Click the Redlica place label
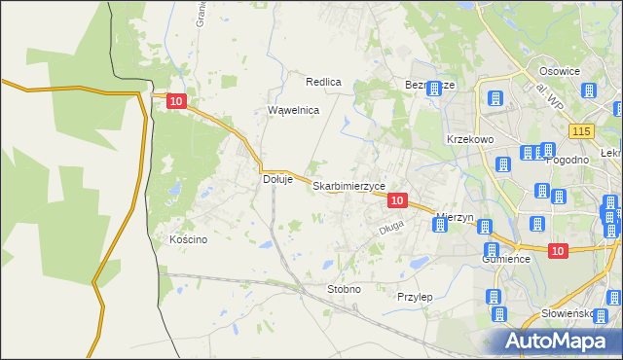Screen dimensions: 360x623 point(323,83)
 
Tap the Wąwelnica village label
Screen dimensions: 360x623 point(294,111)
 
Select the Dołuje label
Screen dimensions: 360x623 point(278,179)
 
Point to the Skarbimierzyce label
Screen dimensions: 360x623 point(348,186)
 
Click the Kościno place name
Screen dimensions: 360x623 point(188,239)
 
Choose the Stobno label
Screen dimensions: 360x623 point(344,289)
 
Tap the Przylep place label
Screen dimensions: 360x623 point(415,296)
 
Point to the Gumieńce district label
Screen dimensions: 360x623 point(505,260)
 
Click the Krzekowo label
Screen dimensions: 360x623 point(471,139)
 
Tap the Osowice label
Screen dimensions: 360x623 point(560,71)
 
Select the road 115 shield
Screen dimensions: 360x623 point(582,131)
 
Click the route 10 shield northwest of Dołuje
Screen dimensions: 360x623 point(175,100)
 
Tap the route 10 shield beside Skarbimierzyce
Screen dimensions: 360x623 point(396,199)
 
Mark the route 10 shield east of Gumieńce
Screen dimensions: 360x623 point(557,251)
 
